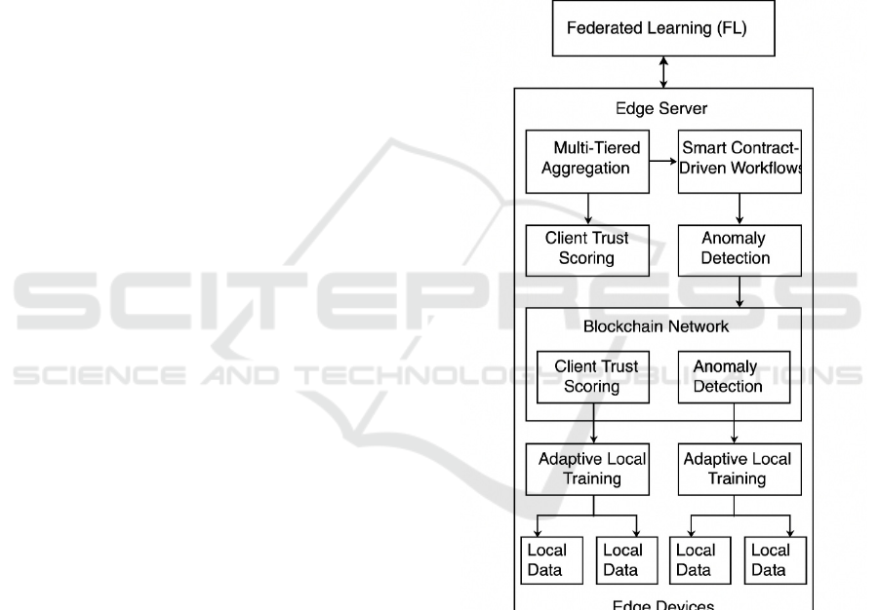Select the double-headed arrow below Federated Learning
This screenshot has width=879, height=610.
pyautogui.click(x=663, y=72)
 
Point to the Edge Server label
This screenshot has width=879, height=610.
pyautogui.click(x=662, y=108)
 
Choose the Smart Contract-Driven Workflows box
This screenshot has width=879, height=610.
pyautogui.click(x=739, y=159)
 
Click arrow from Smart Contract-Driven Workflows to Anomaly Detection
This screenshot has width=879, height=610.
pyautogui.click(x=739, y=207)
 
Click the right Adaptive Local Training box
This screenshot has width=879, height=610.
pyautogui.click(x=738, y=469)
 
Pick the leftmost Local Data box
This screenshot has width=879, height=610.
pyautogui.click(x=546, y=560)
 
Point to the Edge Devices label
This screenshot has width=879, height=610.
pyautogui.click(x=662, y=604)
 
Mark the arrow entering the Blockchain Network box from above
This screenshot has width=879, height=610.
pyautogui.click(x=739, y=291)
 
